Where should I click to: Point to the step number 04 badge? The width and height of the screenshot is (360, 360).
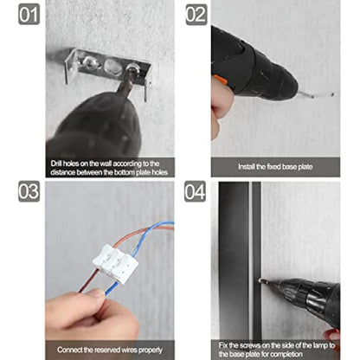tap(196, 192)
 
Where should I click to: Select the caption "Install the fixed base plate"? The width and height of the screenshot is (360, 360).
tap(275, 165)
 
